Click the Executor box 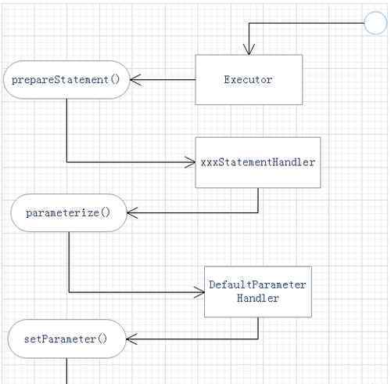click(249, 80)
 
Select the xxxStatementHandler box click(258, 162)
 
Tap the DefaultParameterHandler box click(258, 292)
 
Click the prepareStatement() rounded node click(66, 80)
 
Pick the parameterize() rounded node click(69, 212)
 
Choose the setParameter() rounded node click(67, 339)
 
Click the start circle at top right click(375, 23)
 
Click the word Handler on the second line click(258, 298)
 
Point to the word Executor click(249, 80)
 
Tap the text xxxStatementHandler click(258, 162)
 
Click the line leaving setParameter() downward click(67, 371)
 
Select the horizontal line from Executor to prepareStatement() click(163, 80)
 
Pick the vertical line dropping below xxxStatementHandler click(258, 200)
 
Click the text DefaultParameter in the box click(257, 284)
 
